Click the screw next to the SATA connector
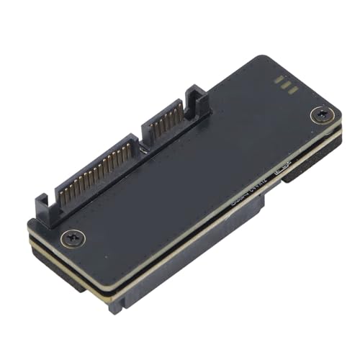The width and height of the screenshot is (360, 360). click(x=71, y=235)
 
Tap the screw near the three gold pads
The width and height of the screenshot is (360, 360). click(x=319, y=114)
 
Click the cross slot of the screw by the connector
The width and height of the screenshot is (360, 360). click(x=71, y=235)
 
